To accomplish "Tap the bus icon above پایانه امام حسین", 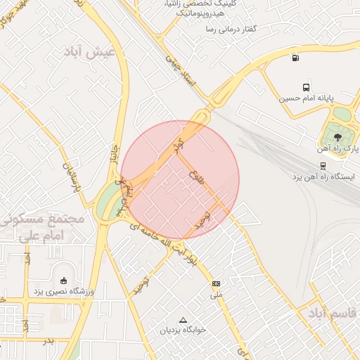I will pyautogui.click(x=306, y=87).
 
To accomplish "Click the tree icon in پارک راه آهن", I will pyautogui.click(x=338, y=136).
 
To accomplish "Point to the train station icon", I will pyautogui.click(x=322, y=166).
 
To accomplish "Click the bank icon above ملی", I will pyautogui.click(x=216, y=283).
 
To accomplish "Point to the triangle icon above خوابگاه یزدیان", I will pyautogui.click(x=184, y=319).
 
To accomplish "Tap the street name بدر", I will pyautogui.click(x=48, y=341).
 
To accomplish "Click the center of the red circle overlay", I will pyautogui.click(x=180, y=180).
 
